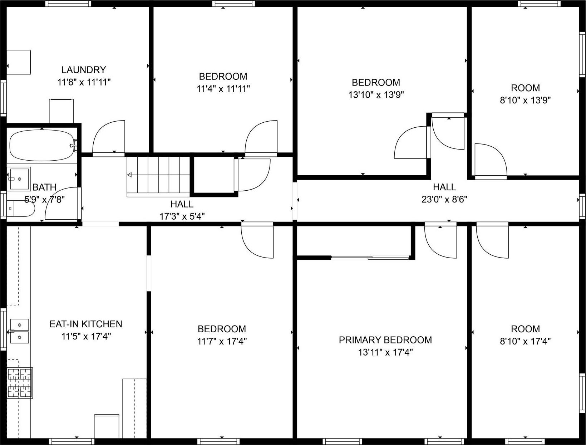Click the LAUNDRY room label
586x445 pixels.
pos(84,70)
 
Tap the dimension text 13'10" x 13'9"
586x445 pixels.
pos(376,95)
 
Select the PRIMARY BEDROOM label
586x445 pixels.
pos(385,340)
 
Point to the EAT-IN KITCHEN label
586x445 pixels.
pos(86,324)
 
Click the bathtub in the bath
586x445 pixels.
pos(42,146)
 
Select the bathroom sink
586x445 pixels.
pos(19,179)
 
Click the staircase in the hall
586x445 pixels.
pos(158,175)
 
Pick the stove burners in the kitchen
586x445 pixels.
pos(20,383)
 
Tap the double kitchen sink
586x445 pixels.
pos(19,331)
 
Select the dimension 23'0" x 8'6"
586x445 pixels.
pos(444,199)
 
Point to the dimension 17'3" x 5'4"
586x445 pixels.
pos(182,216)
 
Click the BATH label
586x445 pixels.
pos(44,187)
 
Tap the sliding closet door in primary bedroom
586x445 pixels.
pos(370,257)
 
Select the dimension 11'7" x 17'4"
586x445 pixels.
pos(222,341)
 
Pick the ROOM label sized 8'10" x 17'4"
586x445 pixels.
pos(525,329)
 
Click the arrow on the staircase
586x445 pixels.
pos(129,175)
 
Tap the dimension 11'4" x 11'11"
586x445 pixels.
pos(223,88)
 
